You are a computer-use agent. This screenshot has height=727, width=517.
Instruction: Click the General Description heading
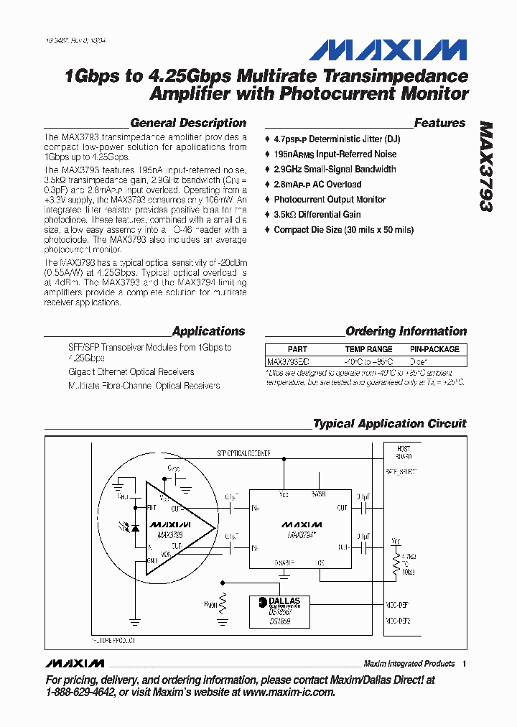(x=188, y=123)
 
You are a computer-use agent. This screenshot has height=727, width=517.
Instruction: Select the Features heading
(x=439, y=123)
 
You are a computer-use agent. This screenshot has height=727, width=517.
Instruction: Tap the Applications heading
(x=208, y=331)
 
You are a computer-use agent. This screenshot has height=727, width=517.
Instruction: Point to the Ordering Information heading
(x=406, y=331)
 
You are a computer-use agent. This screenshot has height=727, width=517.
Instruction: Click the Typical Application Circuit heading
(x=389, y=424)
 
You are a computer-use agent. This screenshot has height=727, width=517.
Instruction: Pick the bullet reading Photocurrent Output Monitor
(x=330, y=200)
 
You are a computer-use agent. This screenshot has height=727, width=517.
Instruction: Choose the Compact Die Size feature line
(x=343, y=230)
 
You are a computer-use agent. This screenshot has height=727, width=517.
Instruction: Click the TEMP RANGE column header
(x=368, y=349)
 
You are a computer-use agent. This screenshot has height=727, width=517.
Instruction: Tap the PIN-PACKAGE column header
(x=434, y=349)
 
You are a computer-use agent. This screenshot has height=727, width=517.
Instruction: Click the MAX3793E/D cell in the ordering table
(x=288, y=362)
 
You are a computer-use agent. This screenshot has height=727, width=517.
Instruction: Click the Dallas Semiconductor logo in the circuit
(x=279, y=602)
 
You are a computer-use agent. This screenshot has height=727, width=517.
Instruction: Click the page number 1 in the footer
(x=465, y=664)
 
